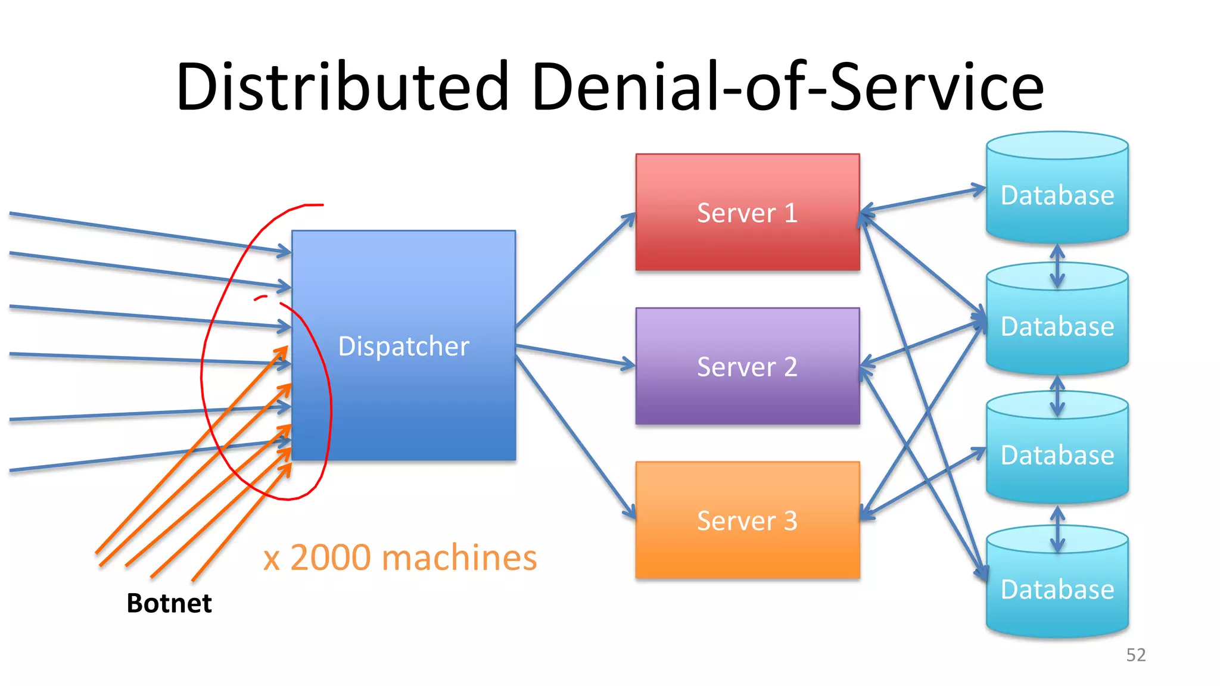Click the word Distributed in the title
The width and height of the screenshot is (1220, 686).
[343, 86]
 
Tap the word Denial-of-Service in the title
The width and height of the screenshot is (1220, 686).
[786, 86]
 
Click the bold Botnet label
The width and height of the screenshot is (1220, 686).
[169, 603]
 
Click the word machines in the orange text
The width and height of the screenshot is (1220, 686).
[459, 558]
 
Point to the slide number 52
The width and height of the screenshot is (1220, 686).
[1135, 655]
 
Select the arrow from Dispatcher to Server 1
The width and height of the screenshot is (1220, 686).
[575, 271]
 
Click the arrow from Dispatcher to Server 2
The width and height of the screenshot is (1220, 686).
[575, 355]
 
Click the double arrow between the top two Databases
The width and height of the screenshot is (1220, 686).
[1057, 266]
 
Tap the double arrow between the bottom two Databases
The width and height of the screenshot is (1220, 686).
[1057, 529]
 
